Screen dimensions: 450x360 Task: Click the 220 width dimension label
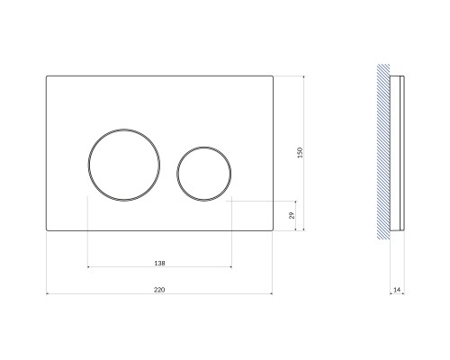click(x=159, y=290)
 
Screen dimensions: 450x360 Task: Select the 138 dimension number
click(x=159, y=263)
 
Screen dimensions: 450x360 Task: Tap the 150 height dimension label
click(x=300, y=153)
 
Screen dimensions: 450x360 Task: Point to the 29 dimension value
click(x=292, y=215)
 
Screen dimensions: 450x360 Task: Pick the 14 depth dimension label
click(x=397, y=290)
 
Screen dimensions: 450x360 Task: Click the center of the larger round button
click(x=124, y=165)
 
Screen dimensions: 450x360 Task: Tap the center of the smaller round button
click(x=204, y=174)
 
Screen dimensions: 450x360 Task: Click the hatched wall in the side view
click(x=383, y=151)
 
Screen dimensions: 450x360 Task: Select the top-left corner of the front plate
click(x=47, y=76)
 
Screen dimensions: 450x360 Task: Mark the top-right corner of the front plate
click(x=273, y=76)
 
